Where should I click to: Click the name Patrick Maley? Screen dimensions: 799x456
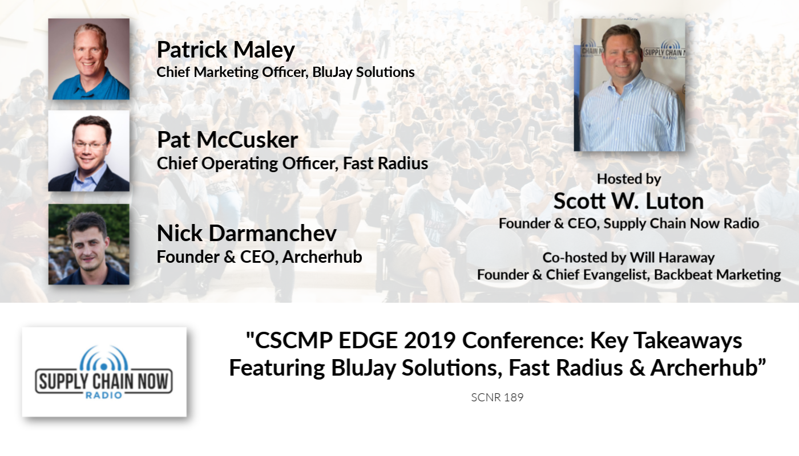(x=226, y=50)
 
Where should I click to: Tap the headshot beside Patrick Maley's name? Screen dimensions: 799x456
(x=89, y=59)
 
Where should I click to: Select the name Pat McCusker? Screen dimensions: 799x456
(x=227, y=140)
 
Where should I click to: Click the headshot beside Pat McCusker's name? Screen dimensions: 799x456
(x=89, y=150)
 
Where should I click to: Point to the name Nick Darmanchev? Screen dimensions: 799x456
(x=247, y=233)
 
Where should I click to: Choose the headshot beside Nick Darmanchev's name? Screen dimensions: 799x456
(x=89, y=245)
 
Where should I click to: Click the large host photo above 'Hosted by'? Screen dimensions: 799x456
(x=629, y=85)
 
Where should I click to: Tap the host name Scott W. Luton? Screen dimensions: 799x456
(x=628, y=201)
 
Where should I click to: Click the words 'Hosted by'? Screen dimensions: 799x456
(x=629, y=179)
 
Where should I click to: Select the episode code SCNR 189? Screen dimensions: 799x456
(x=497, y=397)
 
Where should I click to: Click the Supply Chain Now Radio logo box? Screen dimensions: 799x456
(x=104, y=372)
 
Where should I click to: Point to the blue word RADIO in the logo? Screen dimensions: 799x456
(x=104, y=395)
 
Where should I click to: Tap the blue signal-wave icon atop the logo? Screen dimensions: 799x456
(x=104, y=358)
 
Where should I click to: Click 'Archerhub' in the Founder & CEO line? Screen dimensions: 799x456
(x=322, y=257)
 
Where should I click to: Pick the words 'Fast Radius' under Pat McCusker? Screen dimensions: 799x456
(x=385, y=164)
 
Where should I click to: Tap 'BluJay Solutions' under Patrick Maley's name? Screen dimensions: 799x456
(x=364, y=72)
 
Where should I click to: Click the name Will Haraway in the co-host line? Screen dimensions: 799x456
(x=672, y=258)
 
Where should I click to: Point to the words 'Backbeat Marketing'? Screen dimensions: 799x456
(x=717, y=275)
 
